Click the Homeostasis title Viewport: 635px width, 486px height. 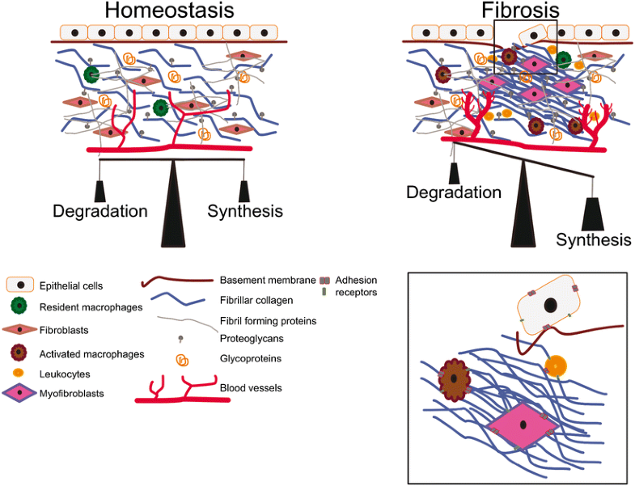[x=170, y=12]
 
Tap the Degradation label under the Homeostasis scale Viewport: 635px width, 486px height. [x=100, y=212]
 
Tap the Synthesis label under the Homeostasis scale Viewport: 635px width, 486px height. [x=245, y=212]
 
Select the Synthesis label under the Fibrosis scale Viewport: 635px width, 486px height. [x=593, y=240]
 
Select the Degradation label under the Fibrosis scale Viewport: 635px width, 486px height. [x=454, y=192]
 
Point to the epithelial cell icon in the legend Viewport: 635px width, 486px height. [x=19, y=285]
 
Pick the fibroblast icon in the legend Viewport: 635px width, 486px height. [x=19, y=330]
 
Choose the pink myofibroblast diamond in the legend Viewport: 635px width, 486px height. [x=19, y=393]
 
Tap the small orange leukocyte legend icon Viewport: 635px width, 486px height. [x=19, y=373]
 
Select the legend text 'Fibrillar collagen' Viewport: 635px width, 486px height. [x=256, y=299]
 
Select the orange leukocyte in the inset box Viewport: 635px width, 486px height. [x=557, y=365]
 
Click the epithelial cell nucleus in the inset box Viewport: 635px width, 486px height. [x=551, y=306]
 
